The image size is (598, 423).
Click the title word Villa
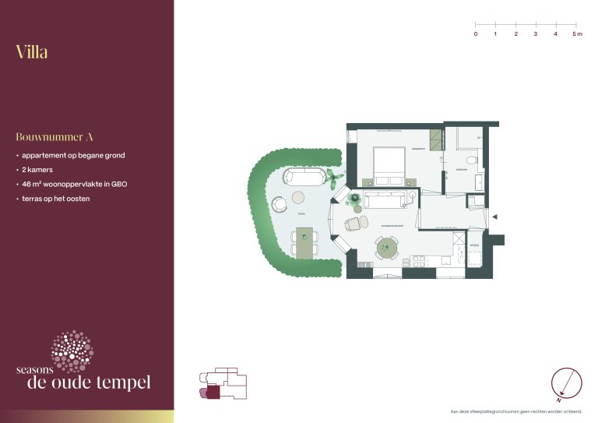point(32,52)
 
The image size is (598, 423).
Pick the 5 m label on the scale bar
point(576,35)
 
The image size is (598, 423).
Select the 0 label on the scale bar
point(476,35)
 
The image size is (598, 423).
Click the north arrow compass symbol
point(566,382)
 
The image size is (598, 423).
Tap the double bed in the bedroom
point(389,165)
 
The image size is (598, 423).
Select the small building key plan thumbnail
point(223,385)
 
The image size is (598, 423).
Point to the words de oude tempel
point(88,382)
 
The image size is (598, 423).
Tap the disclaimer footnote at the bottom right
point(516,411)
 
